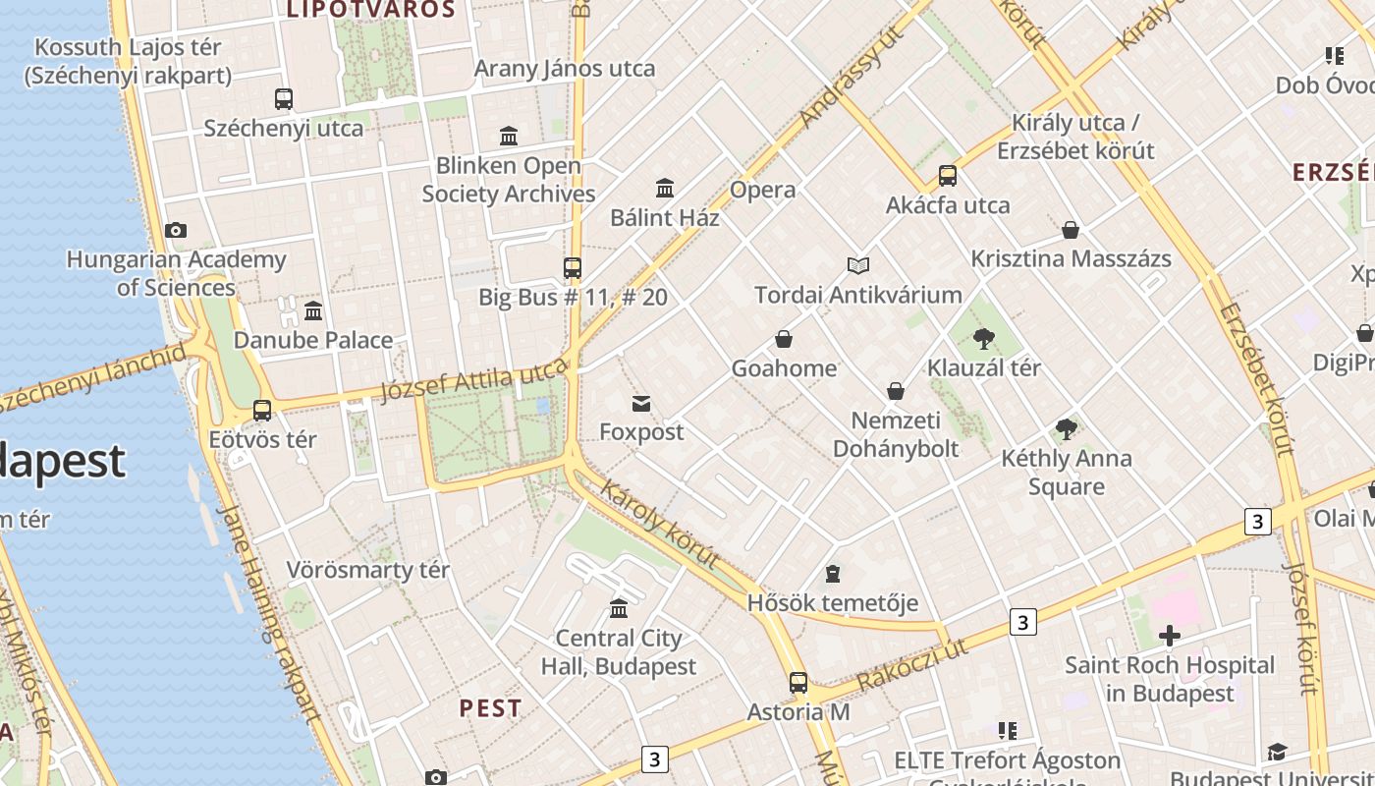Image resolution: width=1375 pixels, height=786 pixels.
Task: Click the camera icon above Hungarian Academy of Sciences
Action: pos(176,231)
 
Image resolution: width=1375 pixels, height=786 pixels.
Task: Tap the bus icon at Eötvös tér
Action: pos(262,411)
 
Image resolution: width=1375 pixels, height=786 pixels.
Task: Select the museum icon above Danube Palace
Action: pos(313,311)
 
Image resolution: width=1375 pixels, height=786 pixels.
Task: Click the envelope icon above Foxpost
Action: pos(641,403)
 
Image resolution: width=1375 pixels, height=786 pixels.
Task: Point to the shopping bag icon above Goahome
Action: pos(784,340)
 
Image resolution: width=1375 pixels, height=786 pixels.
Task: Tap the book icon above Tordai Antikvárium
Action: pos(858,265)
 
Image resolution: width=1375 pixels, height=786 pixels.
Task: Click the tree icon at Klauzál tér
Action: pos(983,339)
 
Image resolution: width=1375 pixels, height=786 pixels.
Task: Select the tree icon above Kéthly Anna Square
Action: pos(1066,429)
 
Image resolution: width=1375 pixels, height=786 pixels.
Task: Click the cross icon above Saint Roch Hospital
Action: pos(1169,637)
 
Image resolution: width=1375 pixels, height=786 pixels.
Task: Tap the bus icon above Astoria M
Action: pos(798,683)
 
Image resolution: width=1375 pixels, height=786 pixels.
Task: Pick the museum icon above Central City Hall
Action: pos(619,609)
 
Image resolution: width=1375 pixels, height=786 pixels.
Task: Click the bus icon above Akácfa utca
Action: pos(948,176)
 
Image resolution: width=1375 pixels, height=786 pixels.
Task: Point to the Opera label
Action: pos(763,190)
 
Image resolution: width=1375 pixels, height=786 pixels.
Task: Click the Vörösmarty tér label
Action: pos(368,570)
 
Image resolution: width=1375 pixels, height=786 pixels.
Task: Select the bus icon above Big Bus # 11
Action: pos(573,267)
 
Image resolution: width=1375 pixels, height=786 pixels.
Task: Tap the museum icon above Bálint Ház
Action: pos(665,188)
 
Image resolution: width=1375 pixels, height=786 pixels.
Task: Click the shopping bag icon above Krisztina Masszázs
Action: pos(1071,230)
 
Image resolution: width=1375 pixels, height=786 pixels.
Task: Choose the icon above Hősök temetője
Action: pos(833,574)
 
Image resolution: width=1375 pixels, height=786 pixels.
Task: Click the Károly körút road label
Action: pos(659,524)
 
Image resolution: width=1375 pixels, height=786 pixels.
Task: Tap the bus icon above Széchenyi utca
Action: pos(284,98)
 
